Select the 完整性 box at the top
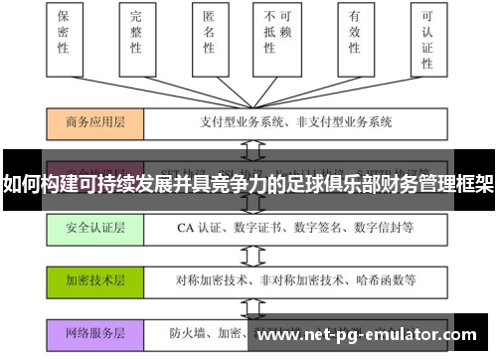136,39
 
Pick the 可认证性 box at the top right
428,39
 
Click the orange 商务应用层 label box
95,122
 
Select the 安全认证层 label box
95,228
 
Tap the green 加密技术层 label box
95,280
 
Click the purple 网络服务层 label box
95,333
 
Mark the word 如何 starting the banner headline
19,184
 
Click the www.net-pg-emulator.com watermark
367,335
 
